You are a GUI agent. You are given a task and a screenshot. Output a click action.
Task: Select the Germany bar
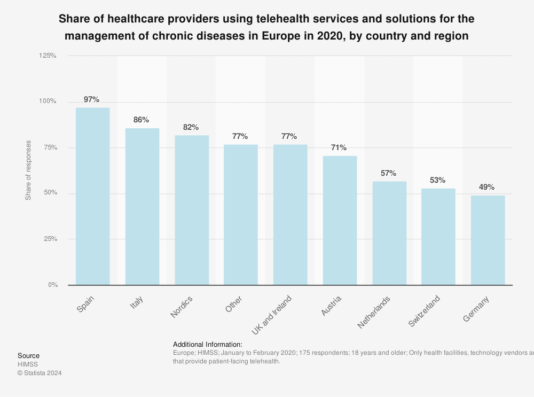tap(488, 240)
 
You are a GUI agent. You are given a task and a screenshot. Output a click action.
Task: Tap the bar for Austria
tap(340, 220)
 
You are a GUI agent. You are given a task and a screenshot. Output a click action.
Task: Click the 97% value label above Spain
tap(92, 99)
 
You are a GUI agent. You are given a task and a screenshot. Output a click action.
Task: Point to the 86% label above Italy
tap(142, 120)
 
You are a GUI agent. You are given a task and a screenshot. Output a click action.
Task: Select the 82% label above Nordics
tap(191, 127)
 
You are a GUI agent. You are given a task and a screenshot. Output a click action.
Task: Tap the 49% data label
tap(487, 187)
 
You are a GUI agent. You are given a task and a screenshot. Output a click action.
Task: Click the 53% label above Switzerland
tap(438, 180)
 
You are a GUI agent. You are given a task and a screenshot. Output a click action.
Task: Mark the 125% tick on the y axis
tap(49, 56)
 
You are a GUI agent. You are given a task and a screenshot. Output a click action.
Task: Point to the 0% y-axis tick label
tap(52, 285)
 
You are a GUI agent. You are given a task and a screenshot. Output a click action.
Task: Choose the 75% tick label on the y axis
tap(50, 147)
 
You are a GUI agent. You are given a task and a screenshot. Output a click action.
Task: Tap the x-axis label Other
tap(234, 307)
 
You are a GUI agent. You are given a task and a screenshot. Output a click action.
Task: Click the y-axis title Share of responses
tap(28, 170)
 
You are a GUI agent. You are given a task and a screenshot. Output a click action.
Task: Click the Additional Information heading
tap(208, 344)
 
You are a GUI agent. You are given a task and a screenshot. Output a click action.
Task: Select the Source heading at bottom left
tap(28, 355)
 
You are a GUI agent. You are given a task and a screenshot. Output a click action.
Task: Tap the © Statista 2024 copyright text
tap(40, 373)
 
